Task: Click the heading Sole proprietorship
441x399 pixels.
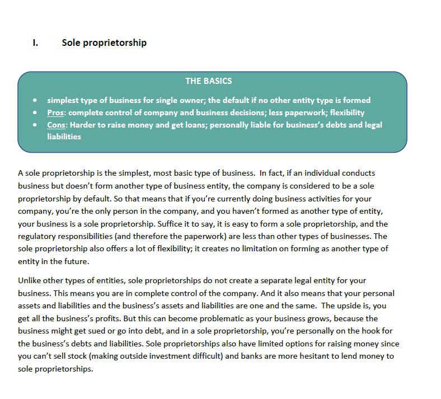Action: [104, 43]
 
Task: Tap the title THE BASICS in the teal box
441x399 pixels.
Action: [208, 81]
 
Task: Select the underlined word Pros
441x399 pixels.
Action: [55, 112]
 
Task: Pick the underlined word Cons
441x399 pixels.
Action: [56, 125]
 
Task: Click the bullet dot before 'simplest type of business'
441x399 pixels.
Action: [35, 101]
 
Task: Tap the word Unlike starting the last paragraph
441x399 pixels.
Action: [29, 280]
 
